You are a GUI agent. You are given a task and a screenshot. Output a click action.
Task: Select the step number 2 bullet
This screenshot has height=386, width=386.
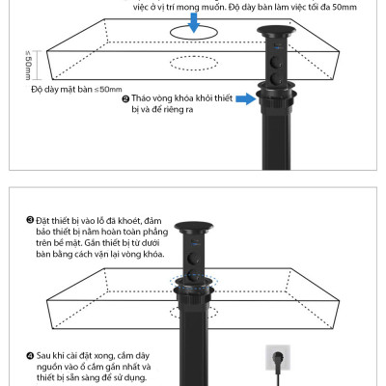(x=125, y=99)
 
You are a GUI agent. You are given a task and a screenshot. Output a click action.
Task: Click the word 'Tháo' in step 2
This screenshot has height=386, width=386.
(x=143, y=99)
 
